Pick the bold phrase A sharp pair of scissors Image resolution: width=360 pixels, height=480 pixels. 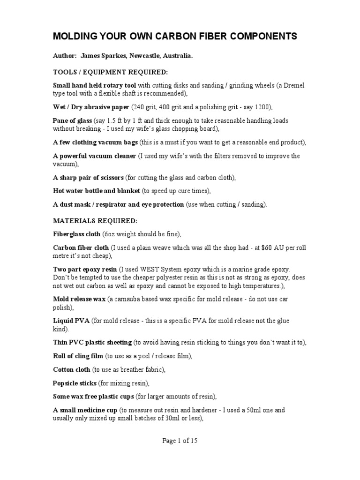[88, 178]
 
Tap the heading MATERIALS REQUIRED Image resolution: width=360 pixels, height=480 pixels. [95, 220]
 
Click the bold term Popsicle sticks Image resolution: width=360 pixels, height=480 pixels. [75, 383]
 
